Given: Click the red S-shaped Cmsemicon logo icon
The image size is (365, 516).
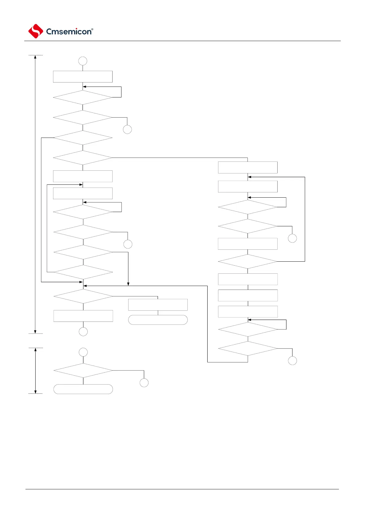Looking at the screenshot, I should [x=36, y=31].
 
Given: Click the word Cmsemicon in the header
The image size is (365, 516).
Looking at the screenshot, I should [x=68, y=32].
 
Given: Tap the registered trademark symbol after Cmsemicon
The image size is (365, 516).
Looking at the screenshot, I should [x=92, y=29].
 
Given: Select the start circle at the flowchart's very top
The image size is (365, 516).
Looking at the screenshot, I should [x=83, y=61].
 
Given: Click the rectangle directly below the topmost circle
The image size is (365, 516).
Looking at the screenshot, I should [x=83, y=77].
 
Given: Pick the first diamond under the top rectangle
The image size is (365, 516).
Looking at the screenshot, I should [x=83, y=97].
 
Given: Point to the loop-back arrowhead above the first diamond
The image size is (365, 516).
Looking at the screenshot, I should [x=84, y=87].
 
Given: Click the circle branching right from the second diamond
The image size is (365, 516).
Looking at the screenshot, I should [x=127, y=130].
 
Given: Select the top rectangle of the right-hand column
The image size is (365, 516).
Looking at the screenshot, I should [x=248, y=168].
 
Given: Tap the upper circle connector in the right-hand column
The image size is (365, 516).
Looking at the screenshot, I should [x=292, y=238].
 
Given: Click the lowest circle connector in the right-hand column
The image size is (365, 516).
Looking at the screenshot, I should [x=292, y=361].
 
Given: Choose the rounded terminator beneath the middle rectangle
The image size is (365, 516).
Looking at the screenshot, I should [x=158, y=320].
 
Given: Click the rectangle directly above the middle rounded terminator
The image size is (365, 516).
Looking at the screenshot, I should [x=158, y=305].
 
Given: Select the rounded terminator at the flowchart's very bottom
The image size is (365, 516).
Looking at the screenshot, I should [x=83, y=389].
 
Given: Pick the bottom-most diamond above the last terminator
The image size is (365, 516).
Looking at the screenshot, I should [x=83, y=371].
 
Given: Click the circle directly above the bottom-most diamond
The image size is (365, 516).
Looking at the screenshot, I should [x=83, y=352].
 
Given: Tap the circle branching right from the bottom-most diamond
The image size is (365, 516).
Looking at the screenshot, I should [x=144, y=383].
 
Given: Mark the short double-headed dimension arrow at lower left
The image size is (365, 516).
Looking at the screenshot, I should [x=36, y=371].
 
